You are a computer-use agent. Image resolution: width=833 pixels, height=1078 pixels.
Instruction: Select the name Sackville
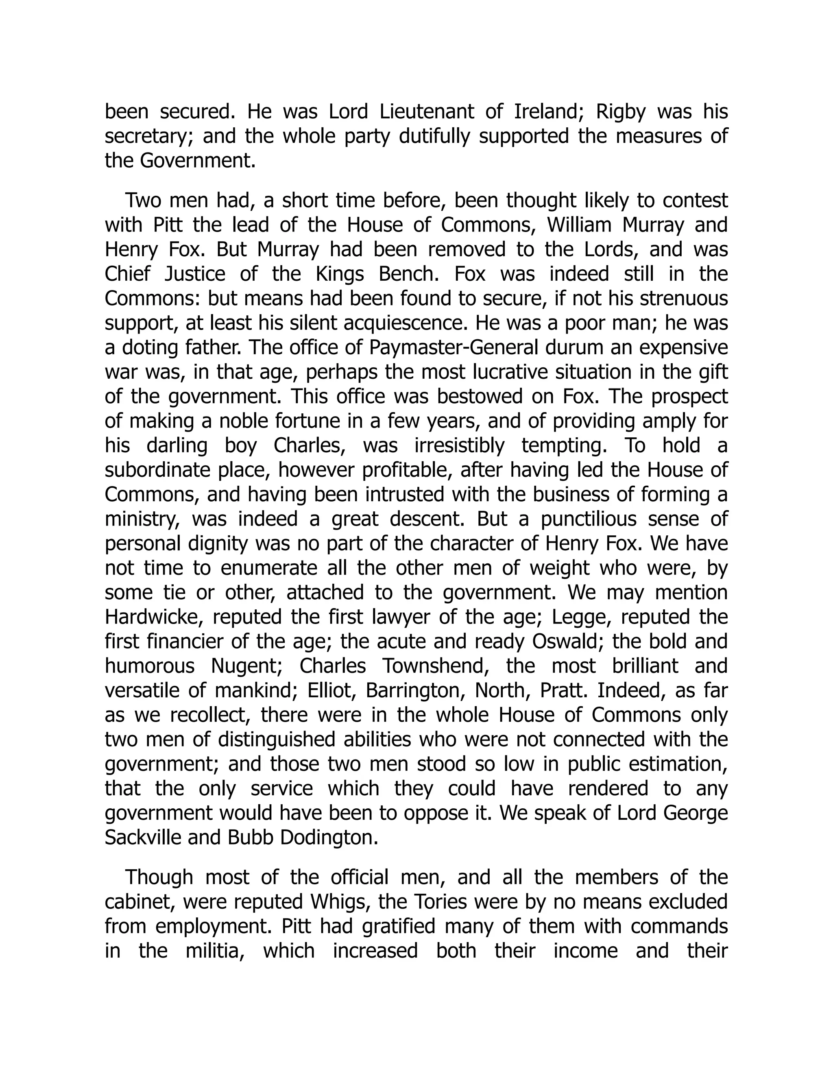coord(141,838)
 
